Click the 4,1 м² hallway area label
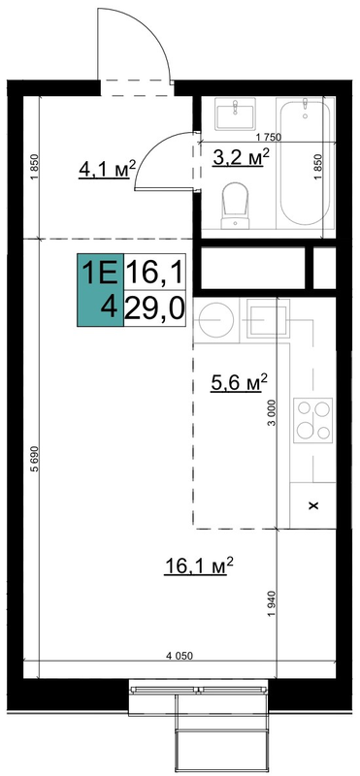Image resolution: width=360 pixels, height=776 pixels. pos(107,169)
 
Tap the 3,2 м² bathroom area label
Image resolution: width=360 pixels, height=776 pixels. pos(242,157)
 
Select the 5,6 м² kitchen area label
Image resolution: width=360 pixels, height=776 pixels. pos(239,382)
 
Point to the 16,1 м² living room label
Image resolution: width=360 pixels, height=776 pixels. pos(198,566)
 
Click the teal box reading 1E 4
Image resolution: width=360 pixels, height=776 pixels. pos(100,290)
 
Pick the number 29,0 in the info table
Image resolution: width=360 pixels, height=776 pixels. pos(154,308)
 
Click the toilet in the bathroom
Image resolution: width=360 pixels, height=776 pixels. pos(235,206)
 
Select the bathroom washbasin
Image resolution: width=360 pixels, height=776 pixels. pos(235,113)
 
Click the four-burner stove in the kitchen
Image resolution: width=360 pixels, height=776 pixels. pos(313,420)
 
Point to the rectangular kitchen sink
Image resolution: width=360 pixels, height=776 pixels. pos(269,321)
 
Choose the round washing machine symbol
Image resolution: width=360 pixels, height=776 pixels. pos(216,320)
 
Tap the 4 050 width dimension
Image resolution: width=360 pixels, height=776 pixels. pos(180,656)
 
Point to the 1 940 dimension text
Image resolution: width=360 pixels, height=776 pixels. pos(271,603)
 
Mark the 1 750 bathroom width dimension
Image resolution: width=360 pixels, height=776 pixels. pos(269,138)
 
